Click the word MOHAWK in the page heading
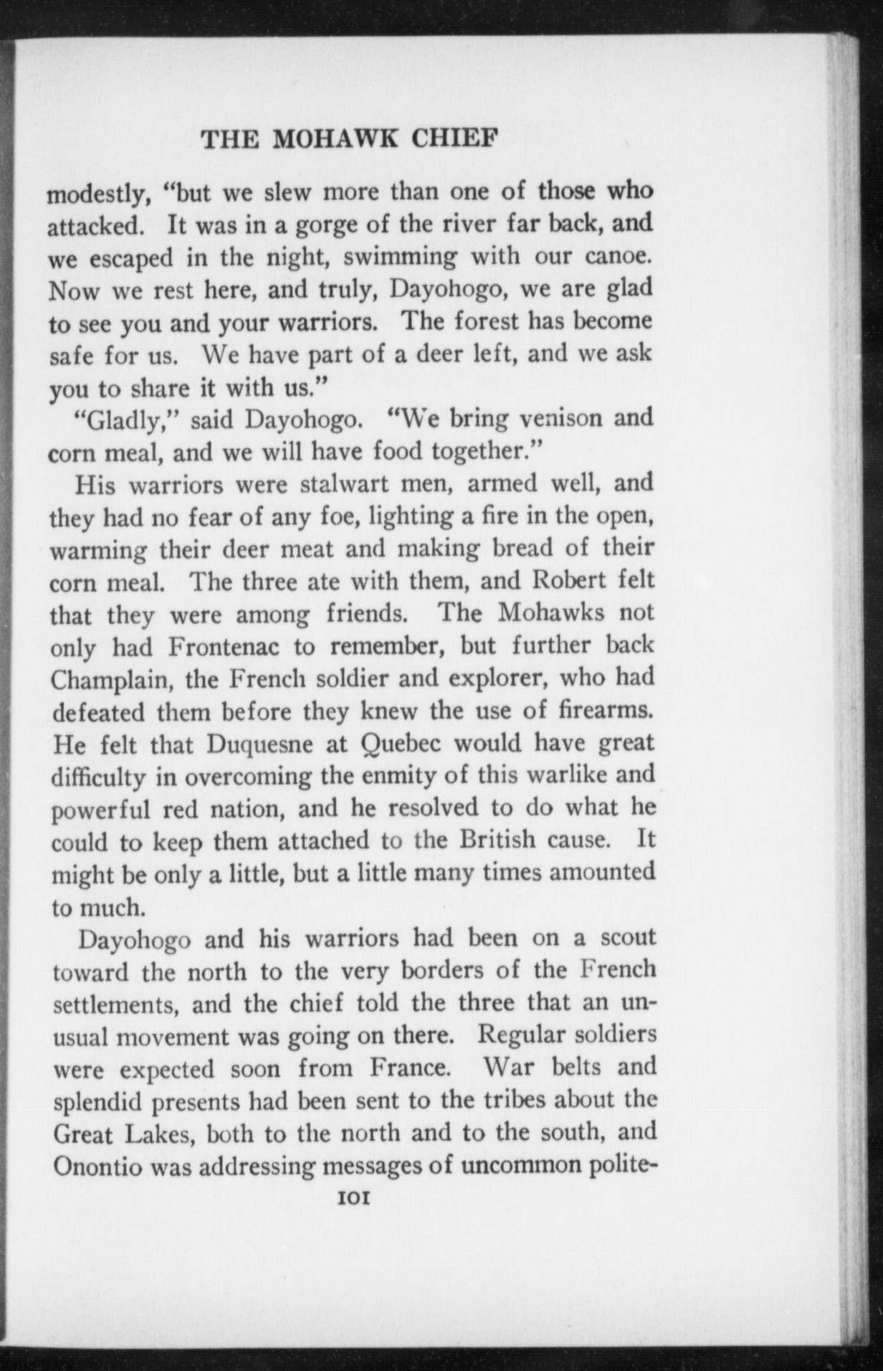[x=326, y=138]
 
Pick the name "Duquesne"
[x=259, y=745]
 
